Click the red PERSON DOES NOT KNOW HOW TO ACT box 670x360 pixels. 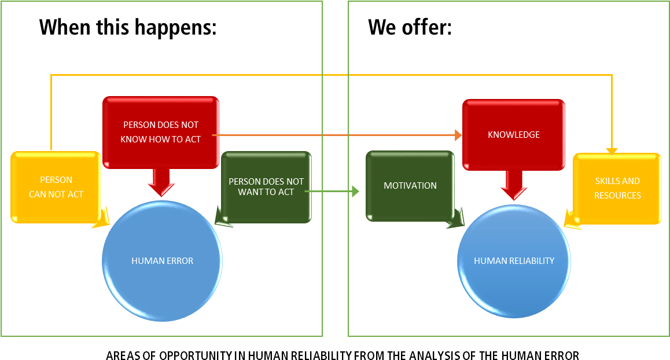click(x=161, y=132)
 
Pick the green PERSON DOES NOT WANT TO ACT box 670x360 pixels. click(x=266, y=186)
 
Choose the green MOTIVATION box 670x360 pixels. click(x=410, y=186)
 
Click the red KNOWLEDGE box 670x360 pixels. click(x=514, y=134)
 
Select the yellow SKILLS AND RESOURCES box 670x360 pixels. click(x=617, y=188)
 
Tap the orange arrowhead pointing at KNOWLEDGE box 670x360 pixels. click(x=458, y=135)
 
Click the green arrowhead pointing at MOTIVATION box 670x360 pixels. click(x=355, y=191)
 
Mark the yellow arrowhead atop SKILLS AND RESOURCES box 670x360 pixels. click(x=612, y=151)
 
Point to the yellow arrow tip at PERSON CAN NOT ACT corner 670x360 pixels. click(x=101, y=219)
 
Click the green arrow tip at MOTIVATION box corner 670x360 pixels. click(x=457, y=219)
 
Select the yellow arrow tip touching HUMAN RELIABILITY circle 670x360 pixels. click(x=572, y=221)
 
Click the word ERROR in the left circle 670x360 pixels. click(x=179, y=261)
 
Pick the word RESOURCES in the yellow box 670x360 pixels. click(x=617, y=196)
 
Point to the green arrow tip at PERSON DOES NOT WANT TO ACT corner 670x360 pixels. click(x=223, y=218)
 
